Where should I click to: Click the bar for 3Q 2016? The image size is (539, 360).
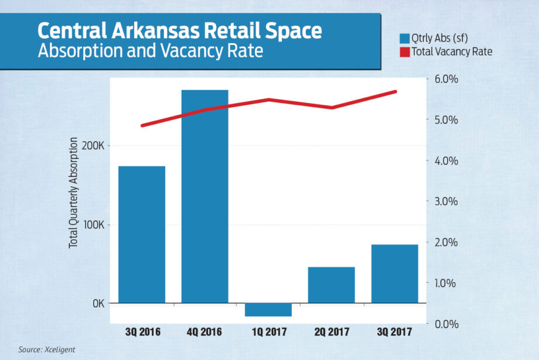pyautogui.click(x=141, y=234)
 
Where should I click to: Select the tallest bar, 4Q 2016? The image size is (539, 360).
pyautogui.click(x=204, y=196)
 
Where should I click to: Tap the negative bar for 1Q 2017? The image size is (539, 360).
pyautogui.click(x=268, y=309)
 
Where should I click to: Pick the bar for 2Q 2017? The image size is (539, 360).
pyautogui.click(x=331, y=284)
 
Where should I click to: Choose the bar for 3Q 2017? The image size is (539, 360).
pyautogui.click(x=394, y=273)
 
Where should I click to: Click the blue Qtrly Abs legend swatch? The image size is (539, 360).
pyautogui.click(x=404, y=39)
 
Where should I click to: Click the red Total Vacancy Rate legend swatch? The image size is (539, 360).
pyautogui.click(x=404, y=52)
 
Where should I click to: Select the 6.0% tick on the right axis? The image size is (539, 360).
pyautogui.click(x=445, y=79)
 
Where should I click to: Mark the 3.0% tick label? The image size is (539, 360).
pyautogui.click(x=445, y=201)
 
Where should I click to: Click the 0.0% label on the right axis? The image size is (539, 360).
pyautogui.click(x=445, y=324)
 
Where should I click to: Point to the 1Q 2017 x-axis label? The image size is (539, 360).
pyautogui.click(x=268, y=332)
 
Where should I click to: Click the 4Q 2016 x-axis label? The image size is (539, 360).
pyautogui.click(x=204, y=332)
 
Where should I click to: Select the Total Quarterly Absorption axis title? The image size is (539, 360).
pyautogui.click(x=74, y=193)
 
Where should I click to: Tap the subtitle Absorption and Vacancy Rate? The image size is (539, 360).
pyautogui.click(x=150, y=51)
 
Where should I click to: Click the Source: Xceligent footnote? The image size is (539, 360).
pyautogui.click(x=47, y=349)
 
